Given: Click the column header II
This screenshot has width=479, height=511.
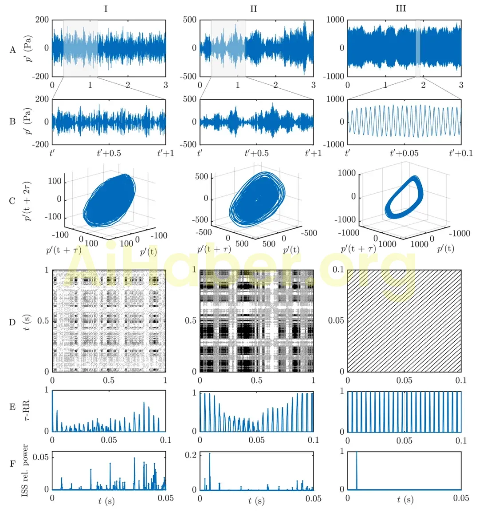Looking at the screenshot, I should click(x=253, y=8).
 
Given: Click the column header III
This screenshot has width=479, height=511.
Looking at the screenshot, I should click(x=400, y=8).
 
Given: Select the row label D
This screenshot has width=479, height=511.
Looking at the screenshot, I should click(x=12, y=322).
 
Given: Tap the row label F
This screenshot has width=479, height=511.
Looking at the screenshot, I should click(x=12, y=465).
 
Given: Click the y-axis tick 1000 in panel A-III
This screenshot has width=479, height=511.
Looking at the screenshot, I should click(x=335, y=20).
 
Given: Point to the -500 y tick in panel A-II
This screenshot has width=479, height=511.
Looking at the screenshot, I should click(x=188, y=76).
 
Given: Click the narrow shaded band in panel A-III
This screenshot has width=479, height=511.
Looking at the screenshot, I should click(x=418, y=48).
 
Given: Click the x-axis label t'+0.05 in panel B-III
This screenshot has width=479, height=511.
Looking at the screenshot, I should click(x=404, y=153).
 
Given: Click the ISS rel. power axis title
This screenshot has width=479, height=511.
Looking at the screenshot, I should click(x=25, y=470).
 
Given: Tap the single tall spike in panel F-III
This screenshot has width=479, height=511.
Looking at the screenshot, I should click(x=357, y=470).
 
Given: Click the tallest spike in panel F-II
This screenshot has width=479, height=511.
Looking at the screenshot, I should click(x=209, y=471).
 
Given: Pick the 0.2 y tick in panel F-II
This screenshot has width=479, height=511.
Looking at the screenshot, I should click(x=191, y=455).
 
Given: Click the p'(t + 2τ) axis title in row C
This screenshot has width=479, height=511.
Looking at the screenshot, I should click(x=28, y=201).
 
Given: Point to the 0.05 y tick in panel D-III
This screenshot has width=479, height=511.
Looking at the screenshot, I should click(x=336, y=320).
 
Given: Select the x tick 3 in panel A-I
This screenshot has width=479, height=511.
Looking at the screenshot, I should click(x=165, y=85).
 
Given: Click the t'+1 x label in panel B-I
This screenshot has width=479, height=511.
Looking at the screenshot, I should click(x=165, y=153).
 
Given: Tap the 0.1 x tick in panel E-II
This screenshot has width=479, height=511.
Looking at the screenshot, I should click(x=313, y=440).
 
